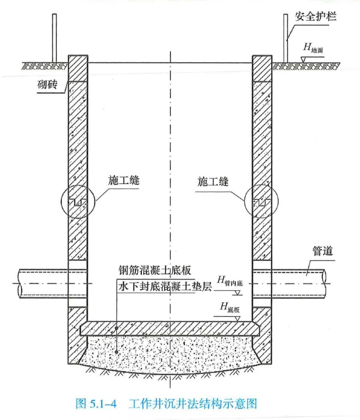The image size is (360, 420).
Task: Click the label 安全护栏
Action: pos(315,17)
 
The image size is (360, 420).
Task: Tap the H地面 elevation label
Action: pos(313,48)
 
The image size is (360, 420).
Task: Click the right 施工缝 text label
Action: pos(214,181)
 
